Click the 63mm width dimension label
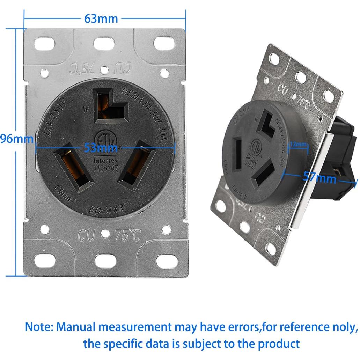(x=101, y=18)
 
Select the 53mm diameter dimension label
(x=101, y=148)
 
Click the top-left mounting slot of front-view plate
(x=45, y=44)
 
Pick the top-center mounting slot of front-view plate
(x=104, y=43)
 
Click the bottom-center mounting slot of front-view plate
(x=105, y=261)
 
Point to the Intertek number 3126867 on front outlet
(x=106, y=168)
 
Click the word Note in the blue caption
(x=38, y=327)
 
